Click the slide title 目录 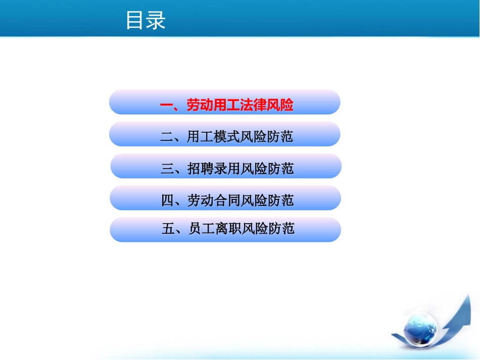tap(146, 20)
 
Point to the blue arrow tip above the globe tap(468, 295)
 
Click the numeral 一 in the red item tap(167, 105)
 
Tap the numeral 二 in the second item tap(167, 137)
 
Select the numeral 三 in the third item tap(167, 169)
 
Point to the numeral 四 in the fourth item tap(167, 200)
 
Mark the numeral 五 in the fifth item tap(168, 229)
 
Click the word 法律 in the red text tap(253, 105)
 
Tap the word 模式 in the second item tap(226, 137)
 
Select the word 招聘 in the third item tap(201, 169)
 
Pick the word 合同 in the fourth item tap(227, 200)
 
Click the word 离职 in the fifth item tap(228, 229)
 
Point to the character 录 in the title tap(156, 20)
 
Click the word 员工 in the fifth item tap(202, 229)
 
